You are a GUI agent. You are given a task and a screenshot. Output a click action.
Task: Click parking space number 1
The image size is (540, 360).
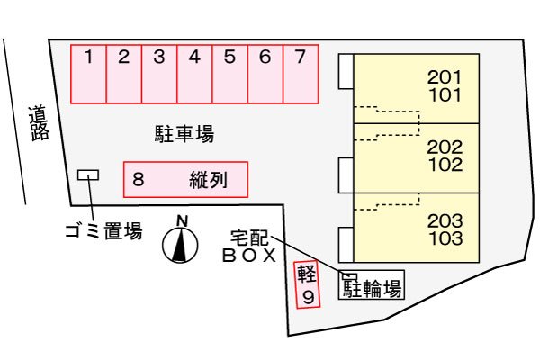tap(88, 74)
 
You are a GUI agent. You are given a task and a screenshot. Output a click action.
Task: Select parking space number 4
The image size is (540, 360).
tap(194, 74)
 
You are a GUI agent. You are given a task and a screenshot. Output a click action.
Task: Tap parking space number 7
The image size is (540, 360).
tap(301, 74)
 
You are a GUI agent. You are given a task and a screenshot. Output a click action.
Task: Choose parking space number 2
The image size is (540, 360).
tap(124, 74)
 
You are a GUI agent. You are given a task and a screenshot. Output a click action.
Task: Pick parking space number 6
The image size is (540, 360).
tap(265, 74)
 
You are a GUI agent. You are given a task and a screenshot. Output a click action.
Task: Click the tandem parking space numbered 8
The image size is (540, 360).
tap(185, 179)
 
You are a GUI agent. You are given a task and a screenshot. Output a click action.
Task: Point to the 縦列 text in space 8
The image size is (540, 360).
tap(209, 180)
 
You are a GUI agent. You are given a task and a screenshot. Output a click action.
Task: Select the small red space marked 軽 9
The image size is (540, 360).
tap(307, 284)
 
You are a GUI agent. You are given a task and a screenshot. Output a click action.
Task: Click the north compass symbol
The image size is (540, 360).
tap(180, 245)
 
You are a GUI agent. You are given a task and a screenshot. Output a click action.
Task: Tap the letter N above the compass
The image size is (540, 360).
tap(182, 220)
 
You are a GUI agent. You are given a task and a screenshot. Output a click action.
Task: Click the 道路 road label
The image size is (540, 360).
tap(39, 124)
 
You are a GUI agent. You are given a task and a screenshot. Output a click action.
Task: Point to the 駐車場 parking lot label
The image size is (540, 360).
tap(184, 134)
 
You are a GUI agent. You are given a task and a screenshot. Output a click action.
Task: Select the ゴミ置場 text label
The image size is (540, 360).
tap(103, 230)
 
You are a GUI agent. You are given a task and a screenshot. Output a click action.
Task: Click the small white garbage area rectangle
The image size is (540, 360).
tap(88, 175)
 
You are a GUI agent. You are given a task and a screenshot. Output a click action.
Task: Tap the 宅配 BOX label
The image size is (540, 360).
tap(249, 247)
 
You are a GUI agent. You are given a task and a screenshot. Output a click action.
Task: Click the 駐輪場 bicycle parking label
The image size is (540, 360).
tap(373, 288)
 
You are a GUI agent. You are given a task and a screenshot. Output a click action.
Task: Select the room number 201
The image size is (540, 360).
tap(445, 77)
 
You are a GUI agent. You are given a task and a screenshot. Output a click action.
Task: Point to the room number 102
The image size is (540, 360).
tap(445, 165)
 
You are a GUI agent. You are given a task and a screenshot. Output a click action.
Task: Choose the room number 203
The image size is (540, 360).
tap(445, 220)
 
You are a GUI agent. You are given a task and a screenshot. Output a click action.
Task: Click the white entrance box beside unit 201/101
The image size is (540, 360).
tap(346, 71)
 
